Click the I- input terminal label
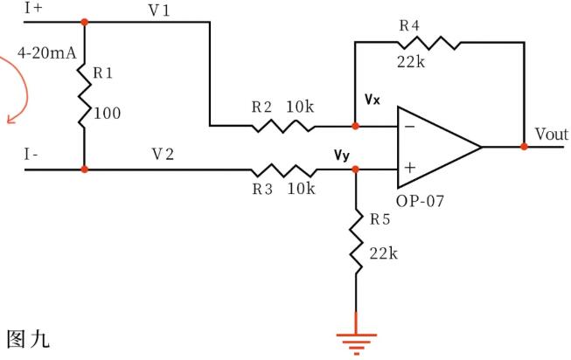[x=31, y=154]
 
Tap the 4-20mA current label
[x=40, y=53]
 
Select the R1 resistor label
[x=104, y=74]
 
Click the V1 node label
[x=160, y=9]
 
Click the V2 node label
[x=163, y=154]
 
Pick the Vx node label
[x=373, y=100]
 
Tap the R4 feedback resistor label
[x=411, y=25]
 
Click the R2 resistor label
[x=262, y=107]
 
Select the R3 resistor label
[x=262, y=187]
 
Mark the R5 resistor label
[x=380, y=219]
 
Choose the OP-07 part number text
[x=421, y=201]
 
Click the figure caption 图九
[x=28, y=337]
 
